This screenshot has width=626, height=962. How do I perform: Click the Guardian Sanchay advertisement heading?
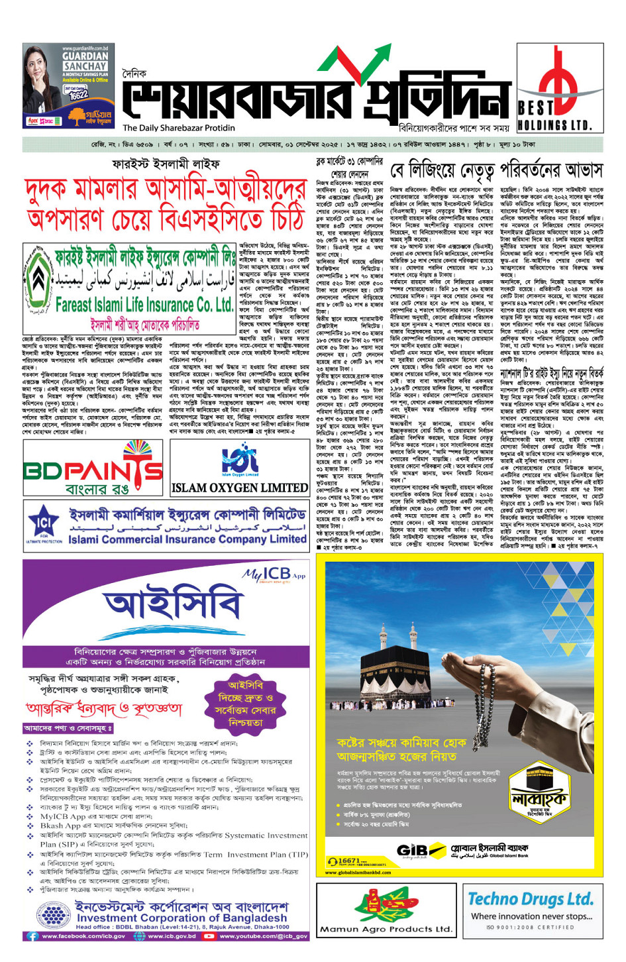(85, 61)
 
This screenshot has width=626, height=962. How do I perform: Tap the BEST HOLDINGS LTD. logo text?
(554, 116)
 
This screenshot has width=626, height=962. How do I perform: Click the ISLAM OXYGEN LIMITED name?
(239, 488)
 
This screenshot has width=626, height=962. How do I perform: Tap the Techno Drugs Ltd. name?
(531, 899)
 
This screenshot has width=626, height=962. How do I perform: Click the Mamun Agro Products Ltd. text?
(385, 929)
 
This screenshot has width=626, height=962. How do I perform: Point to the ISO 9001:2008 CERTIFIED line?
(530, 927)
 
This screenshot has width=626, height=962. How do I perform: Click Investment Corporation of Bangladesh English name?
(182, 918)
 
